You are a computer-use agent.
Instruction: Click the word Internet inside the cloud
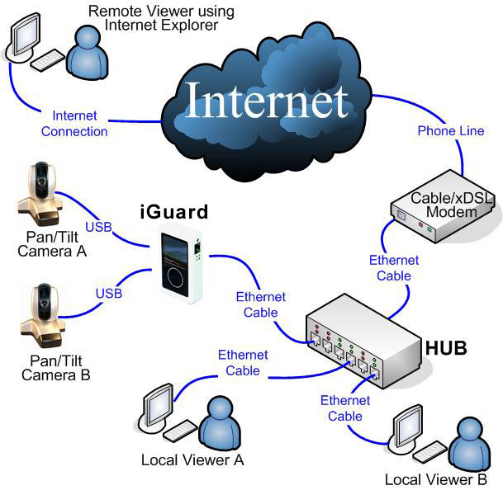click(267, 100)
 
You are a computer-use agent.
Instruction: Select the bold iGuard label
click(174, 212)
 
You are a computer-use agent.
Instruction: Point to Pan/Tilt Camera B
click(42, 316)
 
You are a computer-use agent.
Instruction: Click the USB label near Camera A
click(98, 227)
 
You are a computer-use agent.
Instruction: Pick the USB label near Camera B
click(109, 293)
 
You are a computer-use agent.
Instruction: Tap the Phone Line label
click(451, 131)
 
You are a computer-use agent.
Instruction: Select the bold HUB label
click(446, 348)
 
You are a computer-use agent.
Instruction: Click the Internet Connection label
click(74, 124)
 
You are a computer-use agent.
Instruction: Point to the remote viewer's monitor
click(23, 36)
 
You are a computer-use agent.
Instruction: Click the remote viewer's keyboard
click(48, 60)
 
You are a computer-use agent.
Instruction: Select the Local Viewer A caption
click(192, 460)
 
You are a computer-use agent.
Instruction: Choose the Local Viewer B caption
click(436, 480)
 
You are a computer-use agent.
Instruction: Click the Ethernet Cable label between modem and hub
click(394, 268)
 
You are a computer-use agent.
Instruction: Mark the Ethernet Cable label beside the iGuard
click(261, 304)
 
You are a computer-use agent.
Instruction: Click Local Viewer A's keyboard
click(180, 431)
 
